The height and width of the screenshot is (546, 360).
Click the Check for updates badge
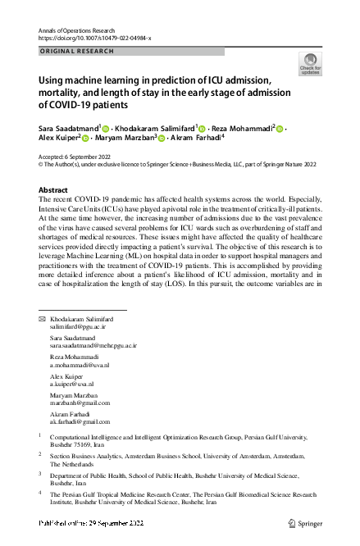pos(311,63)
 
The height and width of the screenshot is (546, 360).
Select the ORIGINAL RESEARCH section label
pos(73,51)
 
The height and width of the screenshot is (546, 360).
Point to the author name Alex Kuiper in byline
pos(57,139)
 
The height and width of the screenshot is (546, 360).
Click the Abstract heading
pos(53,190)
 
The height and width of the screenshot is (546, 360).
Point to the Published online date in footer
pos(89,521)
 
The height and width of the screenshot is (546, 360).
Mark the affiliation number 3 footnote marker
pos(41,474)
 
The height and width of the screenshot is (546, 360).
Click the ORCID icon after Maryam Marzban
pos(162,139)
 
